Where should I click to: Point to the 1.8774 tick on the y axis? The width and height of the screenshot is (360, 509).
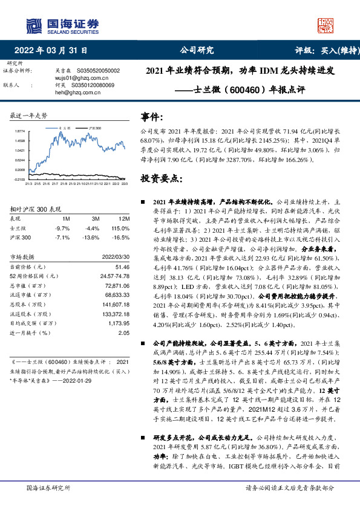pyautogui.click(x=20, y=131)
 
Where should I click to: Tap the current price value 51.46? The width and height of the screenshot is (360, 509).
pyautogui.click(x=123, y=267)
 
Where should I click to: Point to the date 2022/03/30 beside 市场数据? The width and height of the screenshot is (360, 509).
pyautogui.click(x=117, y=256)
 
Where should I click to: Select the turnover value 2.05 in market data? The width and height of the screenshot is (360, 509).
pyautogui.click(x=125, y=332)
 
